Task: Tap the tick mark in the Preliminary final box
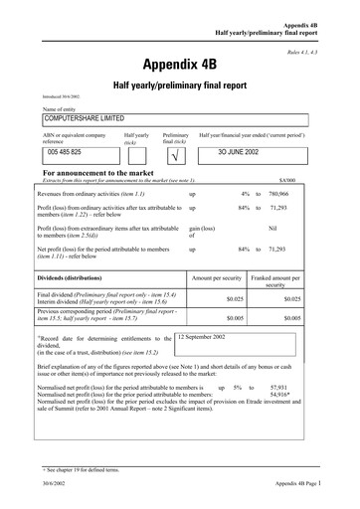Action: [x=175, y=156]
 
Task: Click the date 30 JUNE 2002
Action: [x=247, y=155]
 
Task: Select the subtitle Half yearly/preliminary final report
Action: [x=180, y=86]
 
